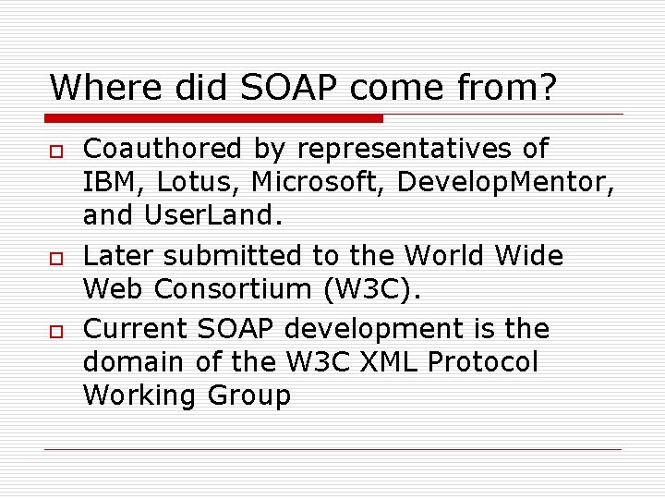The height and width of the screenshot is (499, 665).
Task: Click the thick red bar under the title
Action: click(214, 118)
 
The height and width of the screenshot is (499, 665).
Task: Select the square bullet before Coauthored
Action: click(55, 151)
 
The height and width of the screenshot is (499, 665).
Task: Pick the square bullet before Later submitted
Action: click(55, 257)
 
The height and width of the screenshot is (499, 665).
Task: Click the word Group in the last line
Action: click(248, 396)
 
